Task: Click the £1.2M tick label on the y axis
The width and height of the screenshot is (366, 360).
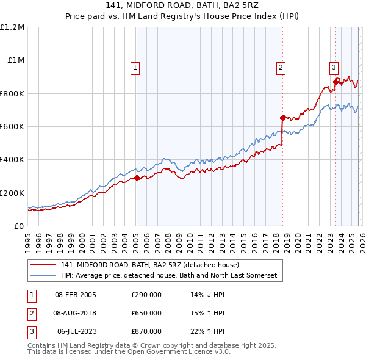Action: [12, 27]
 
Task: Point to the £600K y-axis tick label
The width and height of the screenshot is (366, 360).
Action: [12, 127]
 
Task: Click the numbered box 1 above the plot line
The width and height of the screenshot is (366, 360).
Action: [134, 68]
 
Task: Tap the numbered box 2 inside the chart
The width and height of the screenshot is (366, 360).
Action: [281, 68]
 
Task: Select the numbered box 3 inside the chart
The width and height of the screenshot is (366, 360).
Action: [334, 68]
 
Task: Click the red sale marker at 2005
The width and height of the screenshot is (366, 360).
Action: [137, 178]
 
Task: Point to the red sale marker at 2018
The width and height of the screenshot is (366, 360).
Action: [282, 118]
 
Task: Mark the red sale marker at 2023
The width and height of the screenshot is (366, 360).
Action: [335, 82]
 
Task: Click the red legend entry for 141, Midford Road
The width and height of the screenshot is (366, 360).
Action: [150, 265]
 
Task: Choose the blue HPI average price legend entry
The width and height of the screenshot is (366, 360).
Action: [168, 276]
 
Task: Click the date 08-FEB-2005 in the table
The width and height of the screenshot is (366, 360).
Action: [76, 295]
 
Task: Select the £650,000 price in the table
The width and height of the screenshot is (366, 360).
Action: [146, 313]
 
